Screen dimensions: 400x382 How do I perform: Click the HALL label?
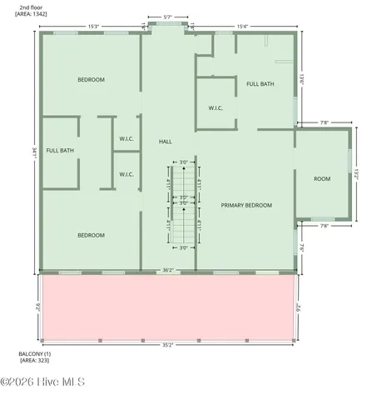pos(166,142)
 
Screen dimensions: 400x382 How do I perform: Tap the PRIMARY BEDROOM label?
pos(246,204)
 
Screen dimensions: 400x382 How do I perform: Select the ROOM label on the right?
pos(322,179)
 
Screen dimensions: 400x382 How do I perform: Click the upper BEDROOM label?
pos(91,79)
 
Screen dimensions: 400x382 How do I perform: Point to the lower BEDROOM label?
pos(91,235)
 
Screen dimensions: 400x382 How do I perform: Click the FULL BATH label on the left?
pos(60,150)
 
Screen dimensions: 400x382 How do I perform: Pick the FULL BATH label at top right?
pos(260,83)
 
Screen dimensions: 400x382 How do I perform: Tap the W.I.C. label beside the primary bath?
pos(215,108)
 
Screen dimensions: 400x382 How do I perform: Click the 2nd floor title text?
pos(30,7)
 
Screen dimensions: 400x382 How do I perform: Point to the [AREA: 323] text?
pos(34,360)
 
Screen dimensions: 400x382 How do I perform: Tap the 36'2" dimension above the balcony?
pos(167,270)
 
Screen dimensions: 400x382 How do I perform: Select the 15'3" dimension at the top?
pos(93,26)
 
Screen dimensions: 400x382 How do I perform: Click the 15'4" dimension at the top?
pos(243,26)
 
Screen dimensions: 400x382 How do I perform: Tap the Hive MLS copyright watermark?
pos(43,382)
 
